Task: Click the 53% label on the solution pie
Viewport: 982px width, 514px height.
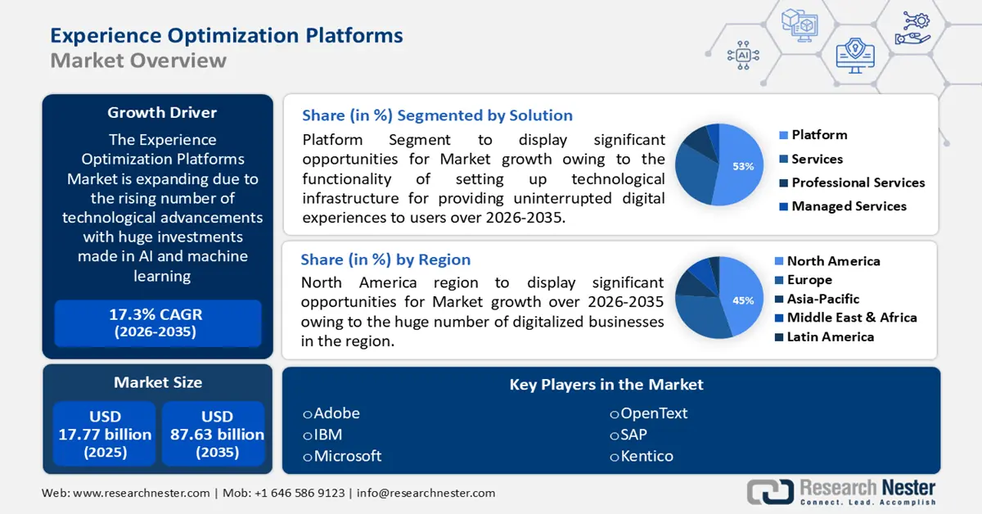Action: point(742,166)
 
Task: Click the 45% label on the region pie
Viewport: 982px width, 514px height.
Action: point(742,300)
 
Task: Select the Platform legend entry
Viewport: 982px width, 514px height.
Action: point(818,135)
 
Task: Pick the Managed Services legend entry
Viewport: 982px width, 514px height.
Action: point(848,206)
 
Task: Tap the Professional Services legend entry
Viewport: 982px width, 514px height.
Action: point(857,183)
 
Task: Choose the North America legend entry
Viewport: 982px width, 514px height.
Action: point(832,261)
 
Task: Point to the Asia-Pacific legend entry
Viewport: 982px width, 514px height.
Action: point(822,299)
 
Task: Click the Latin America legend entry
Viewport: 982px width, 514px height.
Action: point(829,336)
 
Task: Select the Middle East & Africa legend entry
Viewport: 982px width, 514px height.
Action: point(850,318)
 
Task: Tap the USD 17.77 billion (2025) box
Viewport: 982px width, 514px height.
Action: point(105,434)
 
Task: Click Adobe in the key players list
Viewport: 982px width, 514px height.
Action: point(336,413)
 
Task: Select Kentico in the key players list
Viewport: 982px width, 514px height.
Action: point(646,456)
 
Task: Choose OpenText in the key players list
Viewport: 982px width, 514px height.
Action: point(653,413)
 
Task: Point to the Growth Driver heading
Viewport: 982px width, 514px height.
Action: point(162,113)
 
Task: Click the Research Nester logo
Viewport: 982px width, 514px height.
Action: point(843,492)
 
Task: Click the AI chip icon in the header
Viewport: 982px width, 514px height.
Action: point(743,55)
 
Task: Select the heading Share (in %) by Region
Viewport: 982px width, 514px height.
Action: point(385,259)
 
